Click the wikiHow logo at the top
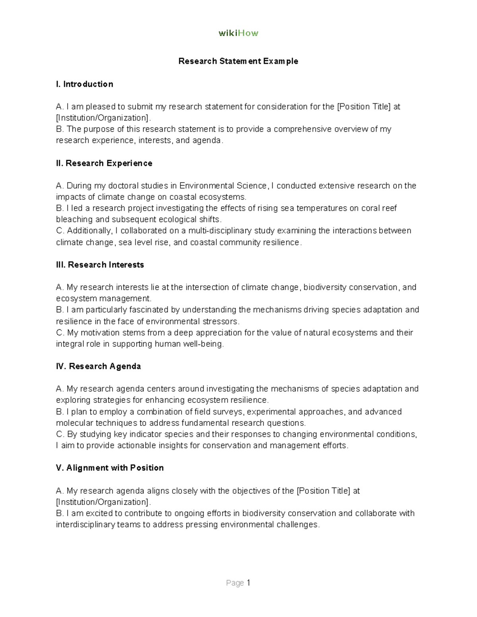(x=238, y=33)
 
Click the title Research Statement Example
(x=238, y=61)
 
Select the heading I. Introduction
(x=85, y=84)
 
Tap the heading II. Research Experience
(x=104, y=163)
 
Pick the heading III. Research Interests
(x=100, y=265)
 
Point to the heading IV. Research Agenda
(x=99, y=366)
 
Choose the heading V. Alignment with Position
(x=110, y=468)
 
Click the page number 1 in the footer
(x=248, y=583)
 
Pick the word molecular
(x=74, y=423)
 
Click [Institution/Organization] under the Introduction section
(x=103, y=118)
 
